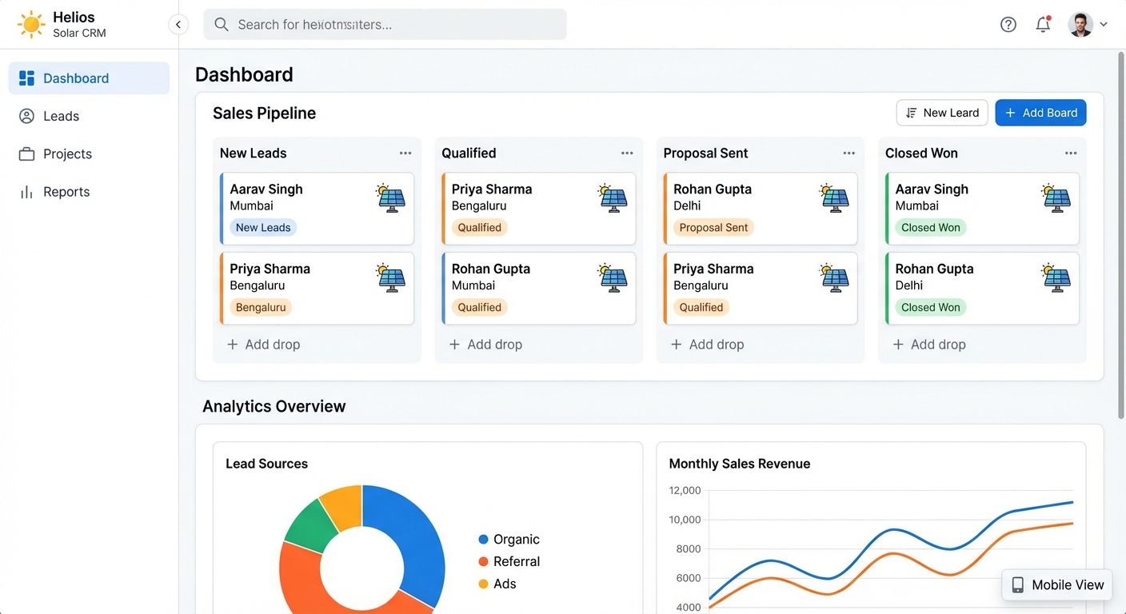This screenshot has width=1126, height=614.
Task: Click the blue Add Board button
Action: tap(1040, 113)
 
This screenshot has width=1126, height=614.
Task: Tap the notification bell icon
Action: tap(1043, 25)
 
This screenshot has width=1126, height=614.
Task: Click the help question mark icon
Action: tap(1008, 25)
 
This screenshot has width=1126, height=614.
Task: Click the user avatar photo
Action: tap(1080, 25)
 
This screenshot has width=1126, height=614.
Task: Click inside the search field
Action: tap(385, 25)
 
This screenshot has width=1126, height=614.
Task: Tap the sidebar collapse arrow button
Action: tap(178, 25)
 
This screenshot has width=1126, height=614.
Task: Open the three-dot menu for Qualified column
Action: tap(627, 153)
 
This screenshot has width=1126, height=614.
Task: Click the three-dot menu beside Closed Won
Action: tap(1071, 153)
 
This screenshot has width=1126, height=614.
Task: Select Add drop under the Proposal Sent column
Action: tap(708, 345)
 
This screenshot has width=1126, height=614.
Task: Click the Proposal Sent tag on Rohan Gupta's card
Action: tap(713, 228)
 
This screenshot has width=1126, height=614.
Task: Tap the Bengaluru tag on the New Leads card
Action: tap(261, 308)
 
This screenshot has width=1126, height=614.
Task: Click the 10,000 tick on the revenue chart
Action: tap(685, 520)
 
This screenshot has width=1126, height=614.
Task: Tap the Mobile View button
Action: tap(1057, 585)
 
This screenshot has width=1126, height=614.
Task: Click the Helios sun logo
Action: tap(31, 25)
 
